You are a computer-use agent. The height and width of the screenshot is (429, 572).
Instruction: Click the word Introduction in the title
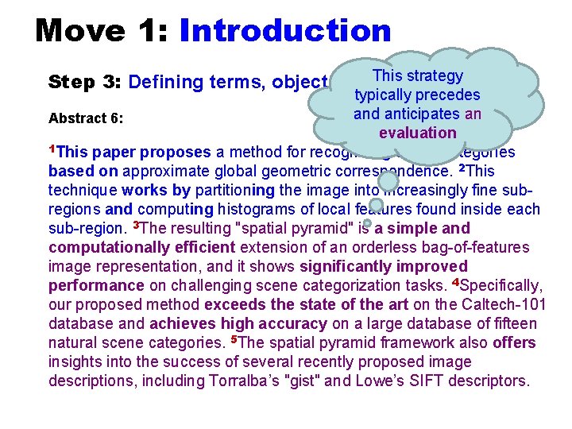click(285, 31)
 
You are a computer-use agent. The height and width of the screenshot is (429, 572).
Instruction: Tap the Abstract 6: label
click(85, 118)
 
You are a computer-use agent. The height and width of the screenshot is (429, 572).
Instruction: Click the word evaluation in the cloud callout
click(417, 133)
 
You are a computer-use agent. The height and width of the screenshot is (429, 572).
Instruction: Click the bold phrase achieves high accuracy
click(238, 323)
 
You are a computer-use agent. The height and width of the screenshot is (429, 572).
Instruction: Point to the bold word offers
click(514, 342)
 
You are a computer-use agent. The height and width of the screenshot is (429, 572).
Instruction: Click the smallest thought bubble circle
click(357, 224)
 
